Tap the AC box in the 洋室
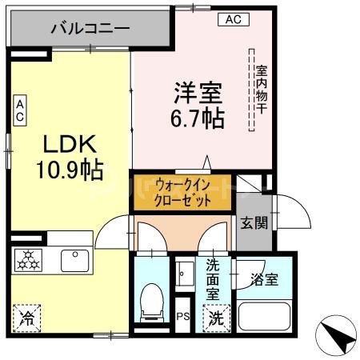232,18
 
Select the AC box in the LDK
19,110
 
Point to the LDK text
70,144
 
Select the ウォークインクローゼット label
184,193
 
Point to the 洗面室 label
214,278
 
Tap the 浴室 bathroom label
264,280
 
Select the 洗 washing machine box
216,317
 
